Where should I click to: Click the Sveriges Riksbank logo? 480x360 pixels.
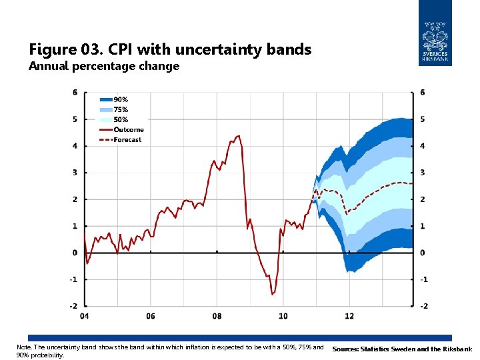click(435, 33)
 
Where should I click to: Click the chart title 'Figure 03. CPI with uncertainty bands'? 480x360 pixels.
click(170, 49)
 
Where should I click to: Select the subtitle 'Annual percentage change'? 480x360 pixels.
click(104, 66)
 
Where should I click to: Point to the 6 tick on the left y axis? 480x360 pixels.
click(75, 92)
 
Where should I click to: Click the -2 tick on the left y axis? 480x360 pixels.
click(74, 306)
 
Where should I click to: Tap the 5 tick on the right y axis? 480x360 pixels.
click(423, 119)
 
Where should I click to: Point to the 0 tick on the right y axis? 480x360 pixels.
click(423, 253)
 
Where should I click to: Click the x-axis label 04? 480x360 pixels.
click(85, 316)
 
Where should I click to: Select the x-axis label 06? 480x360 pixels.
click(151, 316)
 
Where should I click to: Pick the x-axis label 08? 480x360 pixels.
click(217, 316)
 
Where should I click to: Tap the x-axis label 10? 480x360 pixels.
click(283, 316)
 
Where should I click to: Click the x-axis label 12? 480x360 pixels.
click(349, 316)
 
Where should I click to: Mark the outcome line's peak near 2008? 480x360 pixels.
click(238, 136)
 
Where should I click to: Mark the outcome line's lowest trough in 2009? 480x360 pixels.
click(272, 294)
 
